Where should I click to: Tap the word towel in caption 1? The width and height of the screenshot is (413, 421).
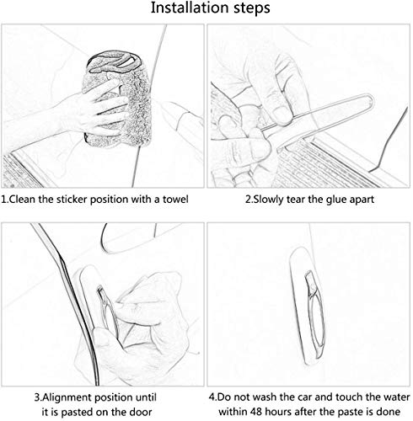point(175,200)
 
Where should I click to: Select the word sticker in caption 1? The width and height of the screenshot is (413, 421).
point(71,200)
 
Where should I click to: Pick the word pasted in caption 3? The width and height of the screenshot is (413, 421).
point(77,413)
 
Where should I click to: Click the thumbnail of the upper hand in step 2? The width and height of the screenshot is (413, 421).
point(282,116)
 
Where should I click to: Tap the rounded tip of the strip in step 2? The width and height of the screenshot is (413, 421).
point(370,99)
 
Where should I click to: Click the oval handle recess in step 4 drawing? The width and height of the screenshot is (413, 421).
point(315,314)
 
